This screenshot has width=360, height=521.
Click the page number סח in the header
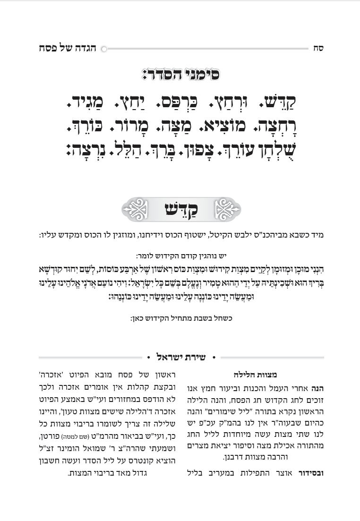click(318, 48)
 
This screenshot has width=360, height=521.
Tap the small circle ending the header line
click(104, 48)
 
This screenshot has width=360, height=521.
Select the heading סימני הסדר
click(180, 75)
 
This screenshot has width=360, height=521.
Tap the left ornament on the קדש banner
click(134, 209)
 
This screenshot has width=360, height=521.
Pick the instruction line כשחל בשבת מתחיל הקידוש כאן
click(180, 318)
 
